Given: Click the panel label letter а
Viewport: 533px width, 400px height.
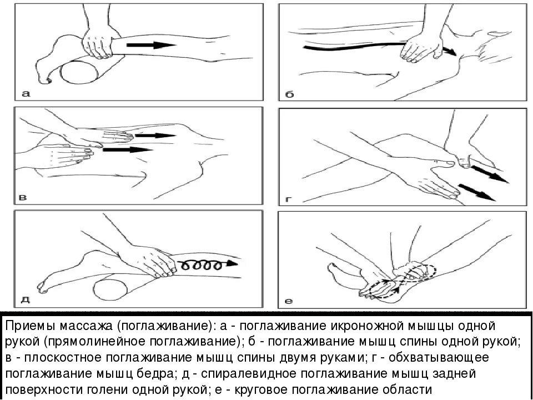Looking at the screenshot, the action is click(x=26, y=94).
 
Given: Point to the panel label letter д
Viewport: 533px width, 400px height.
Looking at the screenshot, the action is click(x=26, y=301).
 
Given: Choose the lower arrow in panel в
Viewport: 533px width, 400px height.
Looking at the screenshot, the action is click(x=128, y=149).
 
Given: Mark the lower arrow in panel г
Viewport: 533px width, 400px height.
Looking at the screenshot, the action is click(x=477, y=192).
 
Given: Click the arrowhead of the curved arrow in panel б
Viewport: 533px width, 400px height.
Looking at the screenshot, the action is click(x=452, y=53).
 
